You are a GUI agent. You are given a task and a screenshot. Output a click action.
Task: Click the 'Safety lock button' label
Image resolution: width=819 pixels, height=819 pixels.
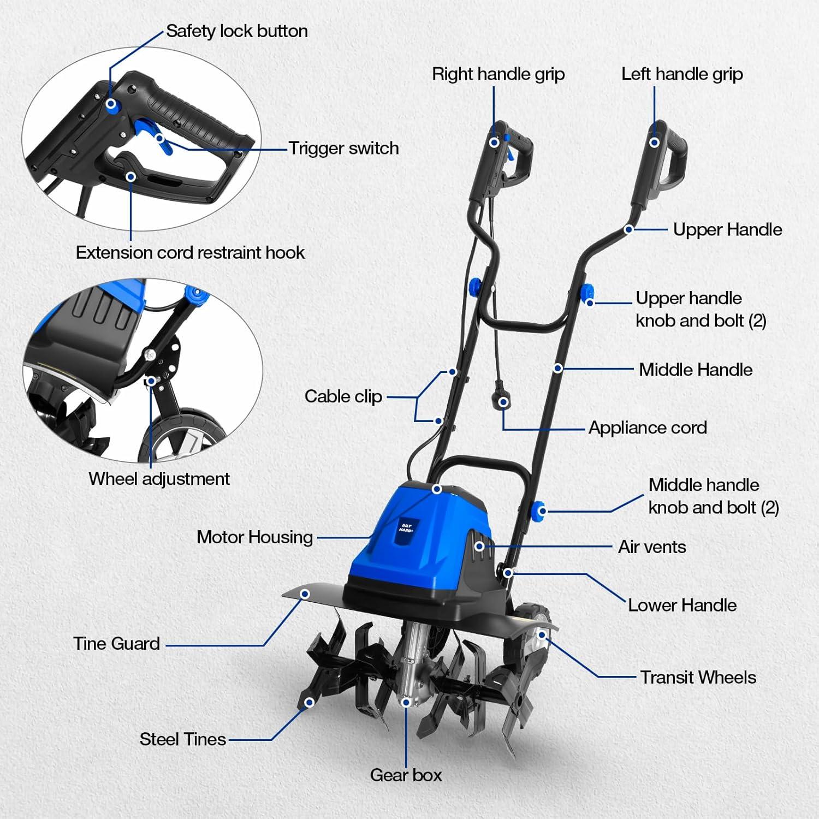click(x=236, y=31)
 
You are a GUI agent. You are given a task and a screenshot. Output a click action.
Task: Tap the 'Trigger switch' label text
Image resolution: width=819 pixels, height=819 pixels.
click(x=343, y=149)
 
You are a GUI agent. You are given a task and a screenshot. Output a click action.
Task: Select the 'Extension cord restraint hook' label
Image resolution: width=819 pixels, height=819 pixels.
click(x=190, y=253)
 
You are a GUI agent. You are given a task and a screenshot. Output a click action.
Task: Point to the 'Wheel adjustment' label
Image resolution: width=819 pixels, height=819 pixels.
click(x=159, y=479)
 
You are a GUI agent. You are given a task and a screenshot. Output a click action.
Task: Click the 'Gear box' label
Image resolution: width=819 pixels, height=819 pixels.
click(x=406, y=775)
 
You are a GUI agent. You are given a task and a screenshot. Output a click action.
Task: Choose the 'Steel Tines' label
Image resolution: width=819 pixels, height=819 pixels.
click(x=182, y=739)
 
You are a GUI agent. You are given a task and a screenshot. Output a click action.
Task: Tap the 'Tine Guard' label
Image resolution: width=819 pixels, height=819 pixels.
click(x=116, y=644)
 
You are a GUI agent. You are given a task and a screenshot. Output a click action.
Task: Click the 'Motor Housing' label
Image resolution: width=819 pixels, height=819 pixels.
click(x=254, y=537)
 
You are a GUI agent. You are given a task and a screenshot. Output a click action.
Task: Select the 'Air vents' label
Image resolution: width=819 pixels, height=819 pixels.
click(x=652, y=547)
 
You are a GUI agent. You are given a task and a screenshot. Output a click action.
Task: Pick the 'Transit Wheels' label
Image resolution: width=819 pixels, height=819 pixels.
click(x=698, y=678)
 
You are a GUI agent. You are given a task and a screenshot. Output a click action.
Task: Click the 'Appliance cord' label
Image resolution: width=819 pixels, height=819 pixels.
click(x=648, y=428)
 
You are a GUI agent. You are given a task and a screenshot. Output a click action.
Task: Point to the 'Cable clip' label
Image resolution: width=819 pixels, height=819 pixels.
click(x=343, y=396)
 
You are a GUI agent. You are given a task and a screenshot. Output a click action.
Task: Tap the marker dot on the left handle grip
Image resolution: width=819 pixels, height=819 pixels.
click(x=654, y=143)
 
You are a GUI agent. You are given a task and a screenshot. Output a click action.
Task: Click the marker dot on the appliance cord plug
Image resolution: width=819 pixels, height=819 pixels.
click(x=503, y=402)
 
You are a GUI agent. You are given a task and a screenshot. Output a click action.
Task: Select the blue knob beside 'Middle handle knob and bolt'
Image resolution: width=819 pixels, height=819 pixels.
click(x=539, y=511)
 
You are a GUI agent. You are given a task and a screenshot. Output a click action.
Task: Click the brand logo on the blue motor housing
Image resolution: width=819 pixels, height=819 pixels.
click(x=406, y=529)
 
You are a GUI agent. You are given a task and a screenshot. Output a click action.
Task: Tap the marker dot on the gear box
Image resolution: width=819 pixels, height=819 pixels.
click(x=406, y=702)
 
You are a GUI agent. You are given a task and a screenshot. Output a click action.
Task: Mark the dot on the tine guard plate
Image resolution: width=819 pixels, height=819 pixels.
click(x=305, y=594)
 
